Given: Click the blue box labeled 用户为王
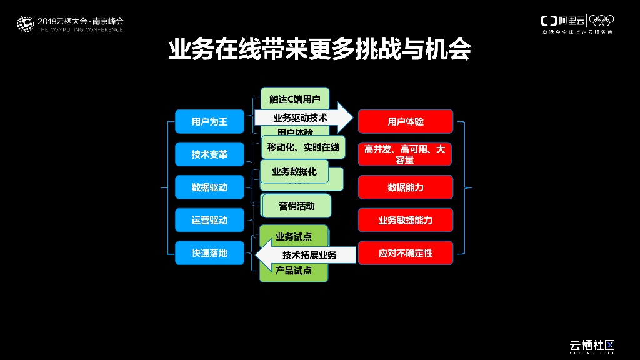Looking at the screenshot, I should tap(209, 121).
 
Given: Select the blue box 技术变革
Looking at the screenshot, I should tap(209, 154).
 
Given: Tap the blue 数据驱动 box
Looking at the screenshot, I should tap(209, 187).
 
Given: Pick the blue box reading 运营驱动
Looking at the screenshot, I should tap(209, 220).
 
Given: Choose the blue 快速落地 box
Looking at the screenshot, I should tap(209, 253).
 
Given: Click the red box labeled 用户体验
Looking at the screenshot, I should tap(405, 121).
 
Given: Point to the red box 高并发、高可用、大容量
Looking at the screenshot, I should tap(405, 154).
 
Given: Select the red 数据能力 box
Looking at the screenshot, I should tap(405, 187).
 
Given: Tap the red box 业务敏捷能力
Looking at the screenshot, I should tap(405, 220).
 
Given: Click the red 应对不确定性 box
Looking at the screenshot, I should tap(405, 253).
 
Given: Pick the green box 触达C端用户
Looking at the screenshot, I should tap(294, 98).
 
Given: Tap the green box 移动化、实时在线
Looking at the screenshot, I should tap(303, 147).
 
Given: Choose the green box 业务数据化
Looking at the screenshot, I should tap(294, 171).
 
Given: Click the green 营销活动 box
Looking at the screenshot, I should tap(296, 206).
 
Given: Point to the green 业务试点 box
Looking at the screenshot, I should tap(293, 236).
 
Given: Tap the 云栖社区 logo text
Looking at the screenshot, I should tap(591, 345).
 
